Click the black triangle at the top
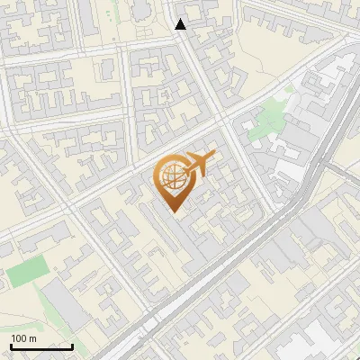point(181,24)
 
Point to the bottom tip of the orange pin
point(173,212)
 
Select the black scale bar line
point(41,346)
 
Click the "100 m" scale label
point(23,338)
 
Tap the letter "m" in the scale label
point(32,338)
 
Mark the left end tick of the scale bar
point(11,346)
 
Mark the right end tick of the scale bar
point(72,346)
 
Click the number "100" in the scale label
point(20,338)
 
